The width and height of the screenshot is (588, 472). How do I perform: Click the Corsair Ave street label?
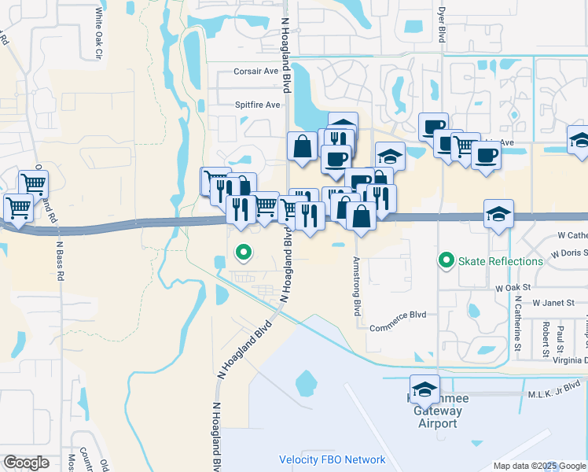[256, 71]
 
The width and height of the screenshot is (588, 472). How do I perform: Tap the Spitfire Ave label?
[257, 105]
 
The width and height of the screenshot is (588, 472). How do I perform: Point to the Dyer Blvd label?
[441, 22]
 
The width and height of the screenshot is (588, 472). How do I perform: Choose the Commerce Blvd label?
[397, 315]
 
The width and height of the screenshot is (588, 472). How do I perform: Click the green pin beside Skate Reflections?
[447, 260]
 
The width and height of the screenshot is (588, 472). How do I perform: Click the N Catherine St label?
[518, 323]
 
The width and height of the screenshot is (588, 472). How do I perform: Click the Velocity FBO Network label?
[333, 460]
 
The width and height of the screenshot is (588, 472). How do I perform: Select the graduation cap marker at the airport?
[425, 389]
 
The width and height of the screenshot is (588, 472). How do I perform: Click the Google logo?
[26, 463]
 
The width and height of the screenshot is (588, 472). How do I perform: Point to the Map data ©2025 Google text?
[539, 466]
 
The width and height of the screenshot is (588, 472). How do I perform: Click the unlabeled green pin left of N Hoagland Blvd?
[244, 253]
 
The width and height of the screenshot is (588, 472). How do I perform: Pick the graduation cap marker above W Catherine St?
[498, 214]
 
